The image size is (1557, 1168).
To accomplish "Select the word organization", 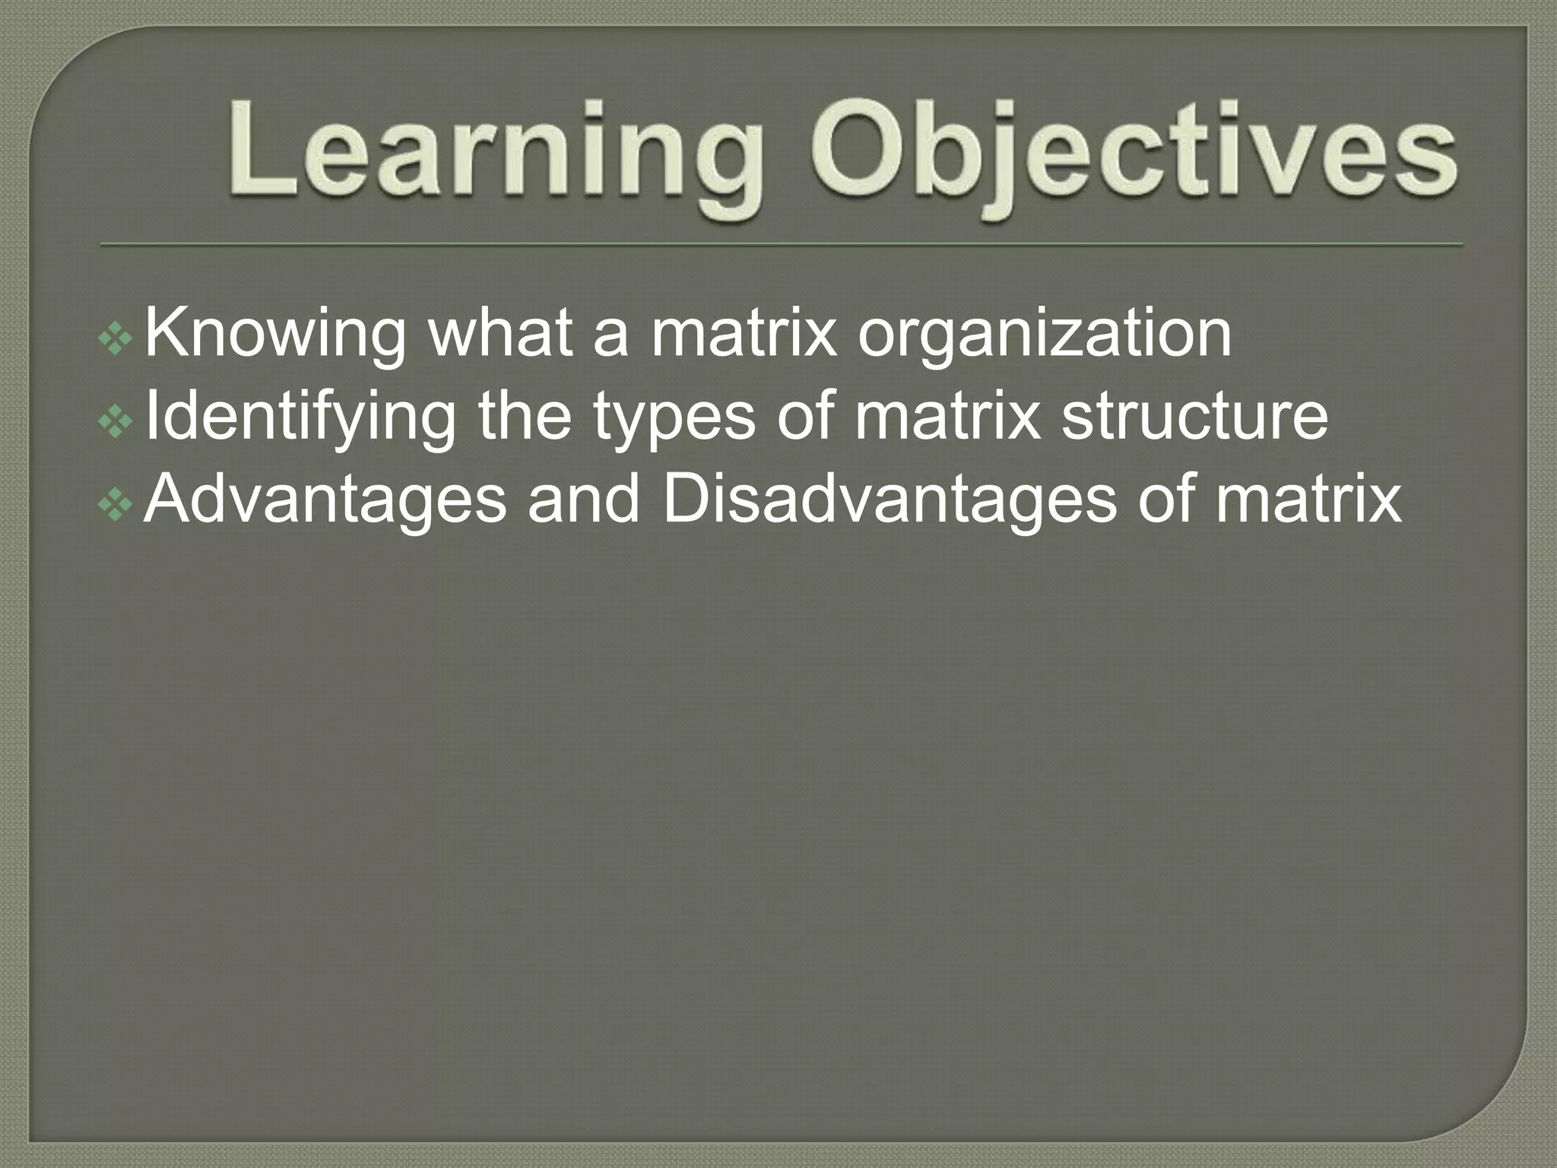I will coord(1045,335).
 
